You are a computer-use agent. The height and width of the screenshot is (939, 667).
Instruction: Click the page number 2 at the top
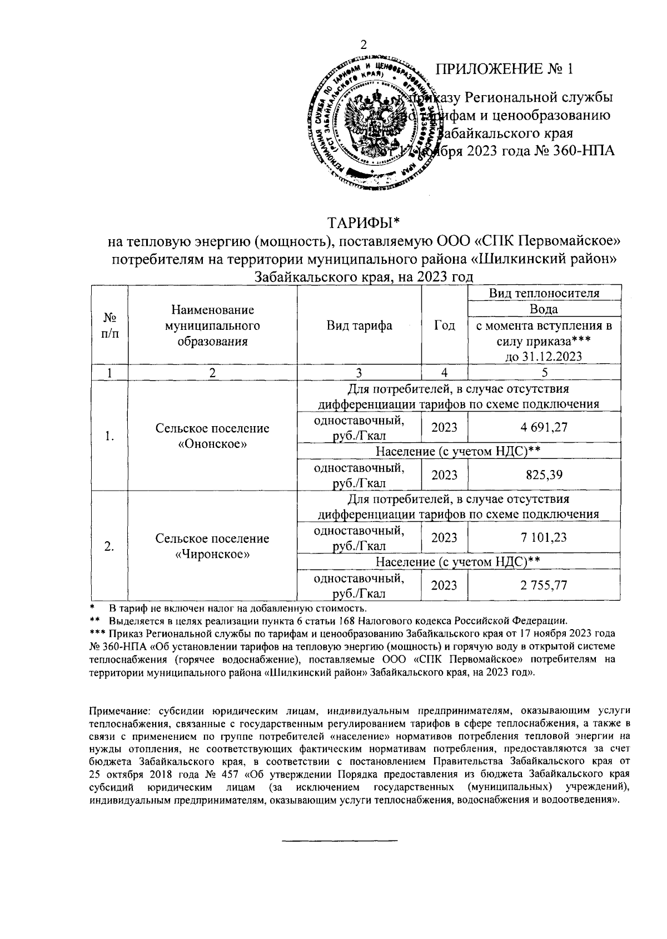coord(364,46)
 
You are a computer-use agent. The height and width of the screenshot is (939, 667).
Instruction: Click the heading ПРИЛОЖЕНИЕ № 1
coord(504,70)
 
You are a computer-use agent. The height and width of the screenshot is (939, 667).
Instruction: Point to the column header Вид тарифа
coord(359,326)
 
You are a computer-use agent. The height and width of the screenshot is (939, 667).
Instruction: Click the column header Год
coord(444,326)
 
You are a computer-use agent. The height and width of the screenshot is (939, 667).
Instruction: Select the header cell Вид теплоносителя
coord(544,293)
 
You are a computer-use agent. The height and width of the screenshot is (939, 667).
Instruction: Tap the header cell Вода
coord(544,309)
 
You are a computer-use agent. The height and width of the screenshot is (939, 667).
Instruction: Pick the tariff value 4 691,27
coord(544,428)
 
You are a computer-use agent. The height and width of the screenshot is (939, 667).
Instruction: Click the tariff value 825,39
coord(544,475)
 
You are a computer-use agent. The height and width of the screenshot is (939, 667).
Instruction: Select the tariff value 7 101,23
coord(544,538)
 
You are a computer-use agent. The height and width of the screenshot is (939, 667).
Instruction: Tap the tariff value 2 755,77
coord(544,585)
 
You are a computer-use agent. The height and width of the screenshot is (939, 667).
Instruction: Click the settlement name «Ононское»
coord(212,444)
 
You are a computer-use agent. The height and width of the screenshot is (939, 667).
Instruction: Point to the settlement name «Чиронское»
coord(212,555)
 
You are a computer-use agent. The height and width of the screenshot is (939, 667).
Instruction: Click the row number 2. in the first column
coord(109,546)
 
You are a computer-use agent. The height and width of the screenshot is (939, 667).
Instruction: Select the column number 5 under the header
coord(544,373)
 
